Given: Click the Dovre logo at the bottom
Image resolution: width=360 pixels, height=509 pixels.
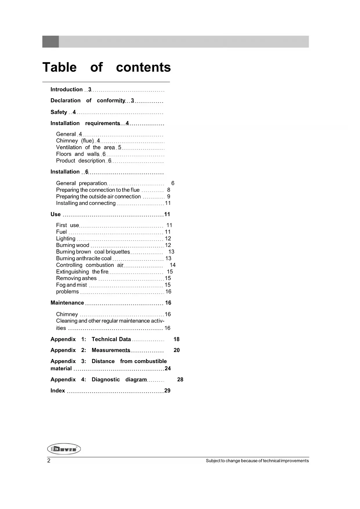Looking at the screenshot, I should (x=64, y=449).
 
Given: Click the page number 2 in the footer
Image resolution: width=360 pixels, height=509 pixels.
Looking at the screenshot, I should (x=49, y=461).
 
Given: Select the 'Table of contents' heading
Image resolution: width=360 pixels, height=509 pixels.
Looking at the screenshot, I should (x=106, y=67).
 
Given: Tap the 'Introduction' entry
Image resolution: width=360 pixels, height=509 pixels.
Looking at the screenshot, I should (x=66, y=89).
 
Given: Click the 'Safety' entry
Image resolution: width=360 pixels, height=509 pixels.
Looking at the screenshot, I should (x=59, y=112).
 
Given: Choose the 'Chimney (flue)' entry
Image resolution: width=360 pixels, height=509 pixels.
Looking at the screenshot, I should (x=75, y=141).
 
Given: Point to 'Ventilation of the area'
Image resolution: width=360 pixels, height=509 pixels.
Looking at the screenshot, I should (x=85, y=147).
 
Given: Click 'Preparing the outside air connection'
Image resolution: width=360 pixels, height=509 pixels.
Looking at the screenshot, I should (x=98, y=196).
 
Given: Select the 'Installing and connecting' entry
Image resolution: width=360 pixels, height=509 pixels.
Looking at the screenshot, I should (x=86, y=203).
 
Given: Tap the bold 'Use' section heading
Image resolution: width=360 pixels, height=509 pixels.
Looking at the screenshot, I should (x=55, y=214).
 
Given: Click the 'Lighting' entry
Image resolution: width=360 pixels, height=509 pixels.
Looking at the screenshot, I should (x=66, y=239).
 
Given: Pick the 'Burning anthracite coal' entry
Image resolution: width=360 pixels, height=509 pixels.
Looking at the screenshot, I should (x=84, y=258).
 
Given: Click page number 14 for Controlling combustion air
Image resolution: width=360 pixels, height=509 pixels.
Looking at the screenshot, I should (x=173, y=265).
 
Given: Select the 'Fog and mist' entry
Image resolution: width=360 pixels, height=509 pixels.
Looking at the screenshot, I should (x=71, y=285).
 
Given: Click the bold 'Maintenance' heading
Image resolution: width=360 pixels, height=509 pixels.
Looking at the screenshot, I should (x=67, y=303).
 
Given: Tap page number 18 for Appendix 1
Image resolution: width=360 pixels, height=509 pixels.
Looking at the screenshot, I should (x=176, y=339).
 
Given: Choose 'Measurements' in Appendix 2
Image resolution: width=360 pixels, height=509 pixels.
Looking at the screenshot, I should (x=111, y=350).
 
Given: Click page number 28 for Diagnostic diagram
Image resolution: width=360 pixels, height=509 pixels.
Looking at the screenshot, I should (x=180, y=380).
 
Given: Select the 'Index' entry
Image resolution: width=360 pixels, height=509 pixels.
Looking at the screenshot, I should (x=58, y=391).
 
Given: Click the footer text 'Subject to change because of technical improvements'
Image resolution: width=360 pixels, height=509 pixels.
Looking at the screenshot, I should (x=257, y=461).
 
